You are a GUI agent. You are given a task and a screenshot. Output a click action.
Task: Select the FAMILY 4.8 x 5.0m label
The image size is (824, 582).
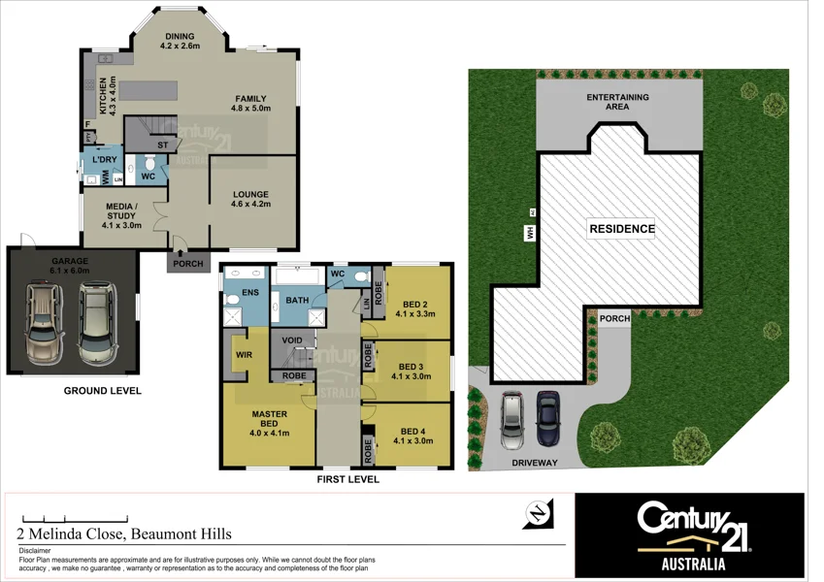[x=249, y=103]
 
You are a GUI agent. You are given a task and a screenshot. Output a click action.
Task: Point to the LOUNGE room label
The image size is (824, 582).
[x=249, y=200]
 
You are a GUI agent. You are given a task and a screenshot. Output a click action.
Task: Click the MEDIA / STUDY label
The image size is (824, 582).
[x=121, y=216]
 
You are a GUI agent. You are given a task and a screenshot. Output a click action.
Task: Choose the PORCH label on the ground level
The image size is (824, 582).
[x=188, y=264]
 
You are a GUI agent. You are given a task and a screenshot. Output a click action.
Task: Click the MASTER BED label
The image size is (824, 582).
[x=269, y=419]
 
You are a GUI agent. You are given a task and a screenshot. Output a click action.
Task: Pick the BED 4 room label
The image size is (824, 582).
[x=412, y=436]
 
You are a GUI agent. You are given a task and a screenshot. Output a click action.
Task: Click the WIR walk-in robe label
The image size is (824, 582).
[x=244, y=356]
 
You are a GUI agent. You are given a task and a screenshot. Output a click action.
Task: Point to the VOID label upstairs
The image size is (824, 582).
[x=292, y=340]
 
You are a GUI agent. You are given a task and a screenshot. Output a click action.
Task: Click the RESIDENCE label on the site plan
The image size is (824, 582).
[x=621, y=230]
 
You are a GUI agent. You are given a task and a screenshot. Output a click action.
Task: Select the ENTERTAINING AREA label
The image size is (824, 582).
[x=617, y=102]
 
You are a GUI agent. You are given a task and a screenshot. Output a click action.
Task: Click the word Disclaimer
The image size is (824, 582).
[x=38, y=550]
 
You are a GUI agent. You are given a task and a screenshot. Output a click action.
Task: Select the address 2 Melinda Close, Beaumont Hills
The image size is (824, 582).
[x=123, y=533]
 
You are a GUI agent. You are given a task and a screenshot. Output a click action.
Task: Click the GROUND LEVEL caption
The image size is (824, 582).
[x=102, y=391]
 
